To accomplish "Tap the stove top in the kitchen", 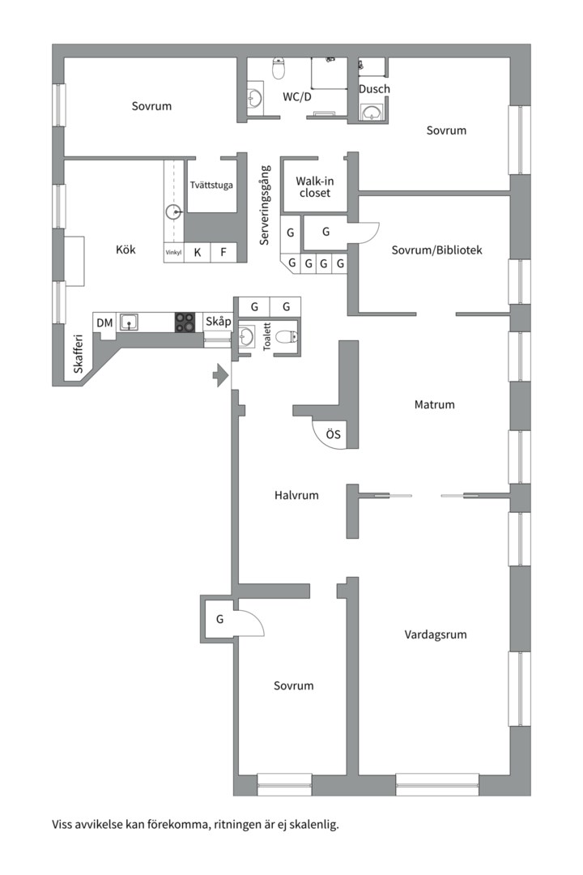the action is point(185,322).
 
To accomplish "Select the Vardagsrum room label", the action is point(435,634).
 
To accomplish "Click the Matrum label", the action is point(434,404).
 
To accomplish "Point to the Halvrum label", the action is point(296,495).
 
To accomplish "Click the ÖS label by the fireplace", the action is point(333,434).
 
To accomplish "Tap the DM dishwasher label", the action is point(104,322).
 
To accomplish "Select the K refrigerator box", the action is point(198,252).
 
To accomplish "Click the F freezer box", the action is point(223,252).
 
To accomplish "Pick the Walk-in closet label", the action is point(315,187).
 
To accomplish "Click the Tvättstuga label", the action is point(211,186).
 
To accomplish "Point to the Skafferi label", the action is point(78,354).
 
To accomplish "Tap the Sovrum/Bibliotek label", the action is point(436,250).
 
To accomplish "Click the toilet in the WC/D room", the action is point(279,67).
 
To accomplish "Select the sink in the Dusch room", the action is point(372,112).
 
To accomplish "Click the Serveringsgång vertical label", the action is point(265,205).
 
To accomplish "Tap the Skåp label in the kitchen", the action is point(218,322).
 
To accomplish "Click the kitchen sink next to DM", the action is point(130,322).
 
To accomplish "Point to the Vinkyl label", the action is point(173,252).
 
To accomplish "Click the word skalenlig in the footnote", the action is point(316,824).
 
